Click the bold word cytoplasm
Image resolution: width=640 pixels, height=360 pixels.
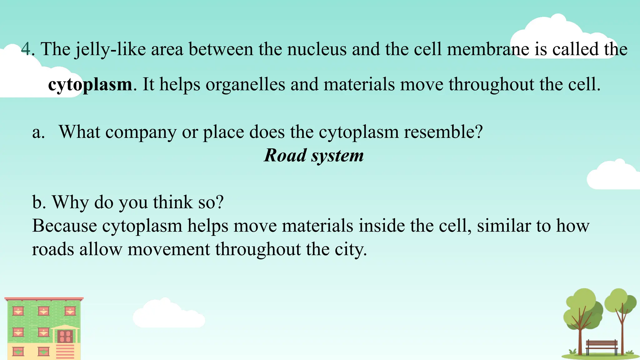pyautogui.click(x=90, y=84)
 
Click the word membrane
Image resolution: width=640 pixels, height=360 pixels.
pyautogui.click(x=488, y=49)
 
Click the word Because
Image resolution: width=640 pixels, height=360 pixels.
pyautogui.click(x=64, y=226)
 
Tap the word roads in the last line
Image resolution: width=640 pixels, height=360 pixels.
pyautogui.click(x=53, y=249)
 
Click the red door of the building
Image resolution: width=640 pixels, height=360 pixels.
pyautogui.click(x=65, y=337)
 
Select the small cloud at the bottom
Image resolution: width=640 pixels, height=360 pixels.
pyautogui.click(x=169, y=314)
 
